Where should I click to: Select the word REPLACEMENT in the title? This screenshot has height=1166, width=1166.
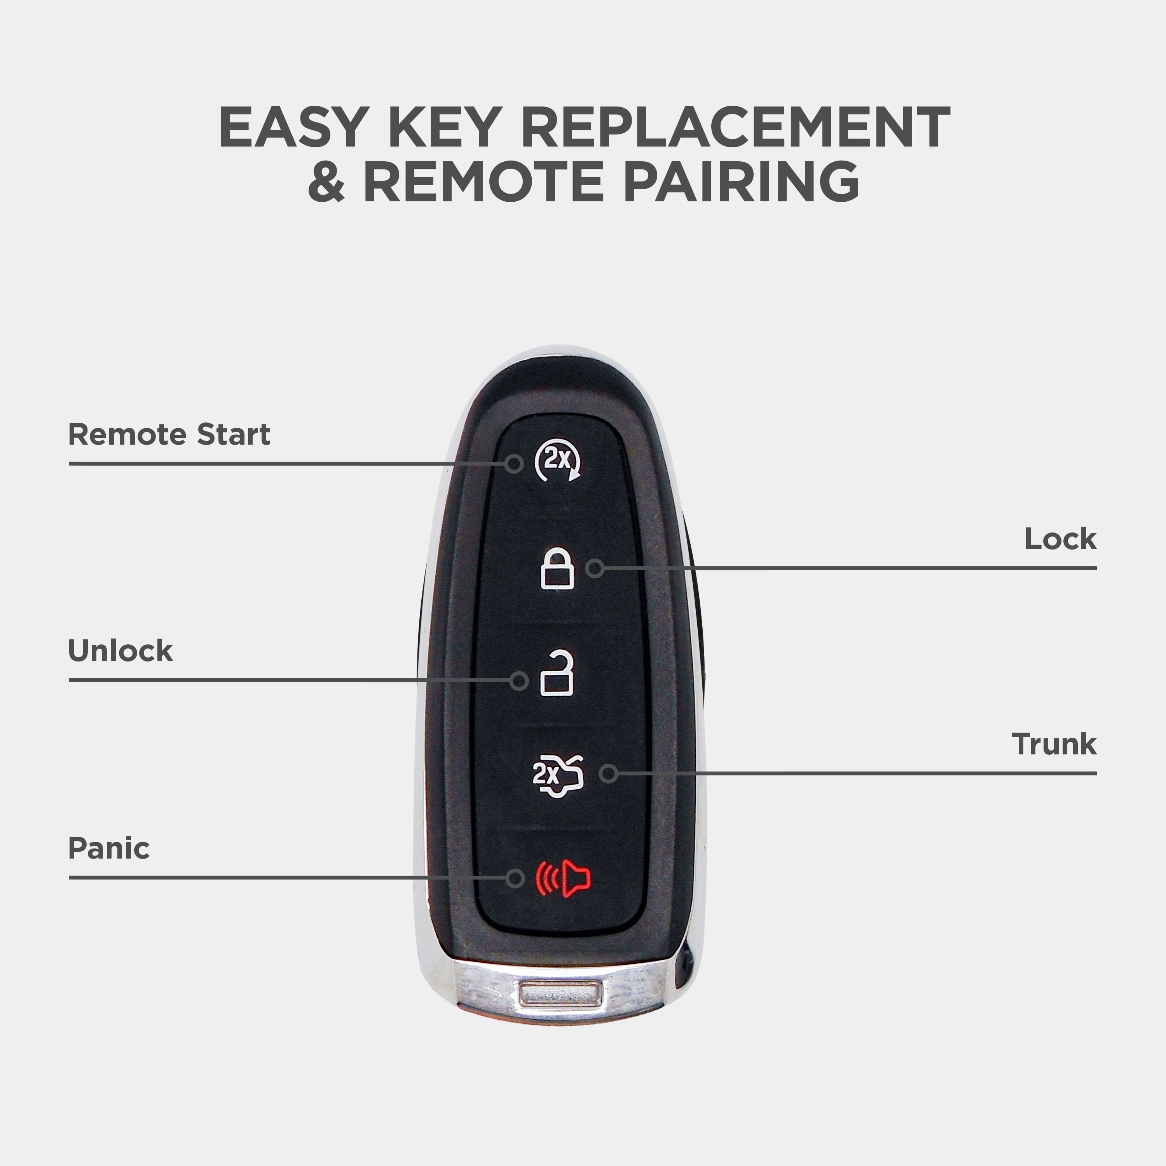click(735, 127)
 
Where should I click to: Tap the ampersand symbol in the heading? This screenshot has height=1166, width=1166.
click(326, 181)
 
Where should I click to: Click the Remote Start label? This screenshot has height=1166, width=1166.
click(169, 435)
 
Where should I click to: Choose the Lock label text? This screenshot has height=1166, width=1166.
click(1060, 539)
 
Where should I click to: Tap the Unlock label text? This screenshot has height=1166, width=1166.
click(120, 651)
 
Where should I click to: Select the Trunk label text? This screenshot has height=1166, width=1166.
click(1054, 744)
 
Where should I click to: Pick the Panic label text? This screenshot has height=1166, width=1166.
click(109, 848)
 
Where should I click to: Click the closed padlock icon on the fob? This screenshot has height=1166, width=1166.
click(557, 568)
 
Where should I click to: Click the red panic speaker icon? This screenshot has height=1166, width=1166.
click(564, 879)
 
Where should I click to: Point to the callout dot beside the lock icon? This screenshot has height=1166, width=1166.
click(595, 568)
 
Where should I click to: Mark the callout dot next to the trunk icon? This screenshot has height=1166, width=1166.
click(608, 773)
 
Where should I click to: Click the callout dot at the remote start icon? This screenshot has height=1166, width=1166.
click(514, 464)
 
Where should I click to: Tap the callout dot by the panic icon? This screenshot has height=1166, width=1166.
click(515, 878)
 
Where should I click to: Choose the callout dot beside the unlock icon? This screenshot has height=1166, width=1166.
click(519, 681)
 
